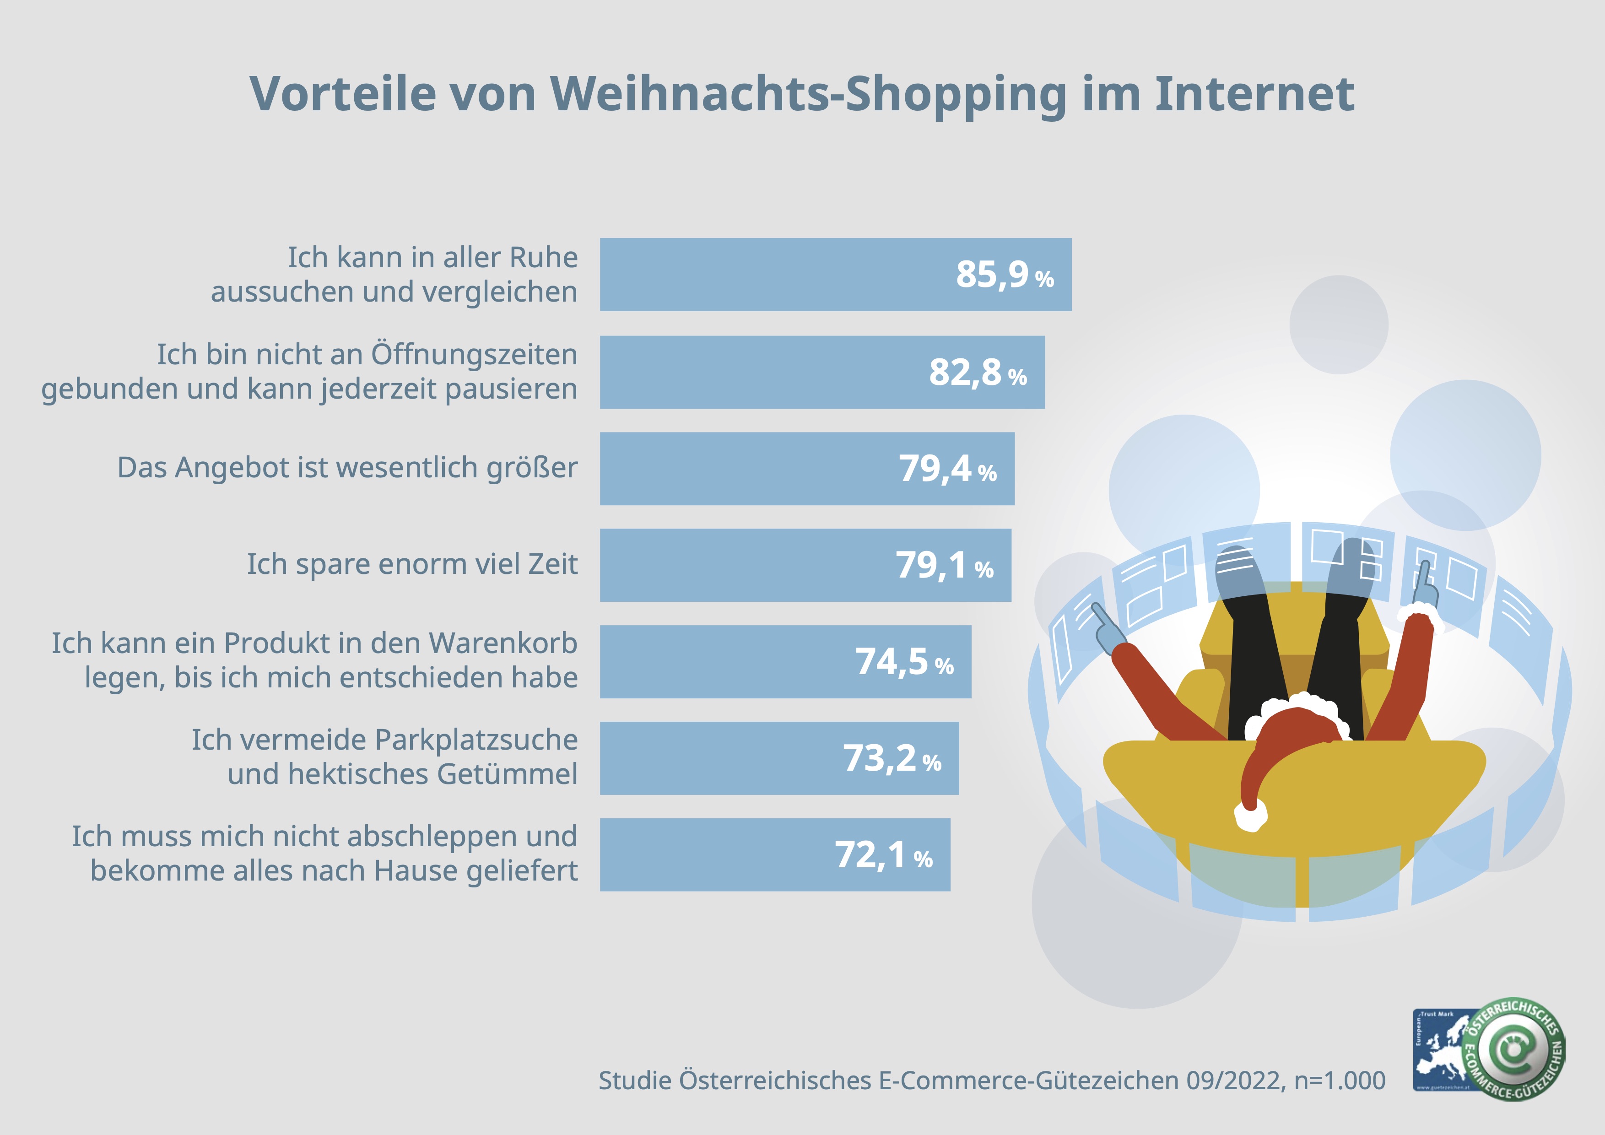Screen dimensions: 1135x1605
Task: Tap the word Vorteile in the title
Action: click(342, 94)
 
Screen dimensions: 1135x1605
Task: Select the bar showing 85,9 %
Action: click(769, 275)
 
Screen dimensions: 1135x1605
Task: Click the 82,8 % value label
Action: click(977, 373)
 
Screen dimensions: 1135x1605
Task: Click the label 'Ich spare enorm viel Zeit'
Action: click(412, 564)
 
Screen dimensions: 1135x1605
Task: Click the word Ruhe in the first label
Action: click(543, 258)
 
